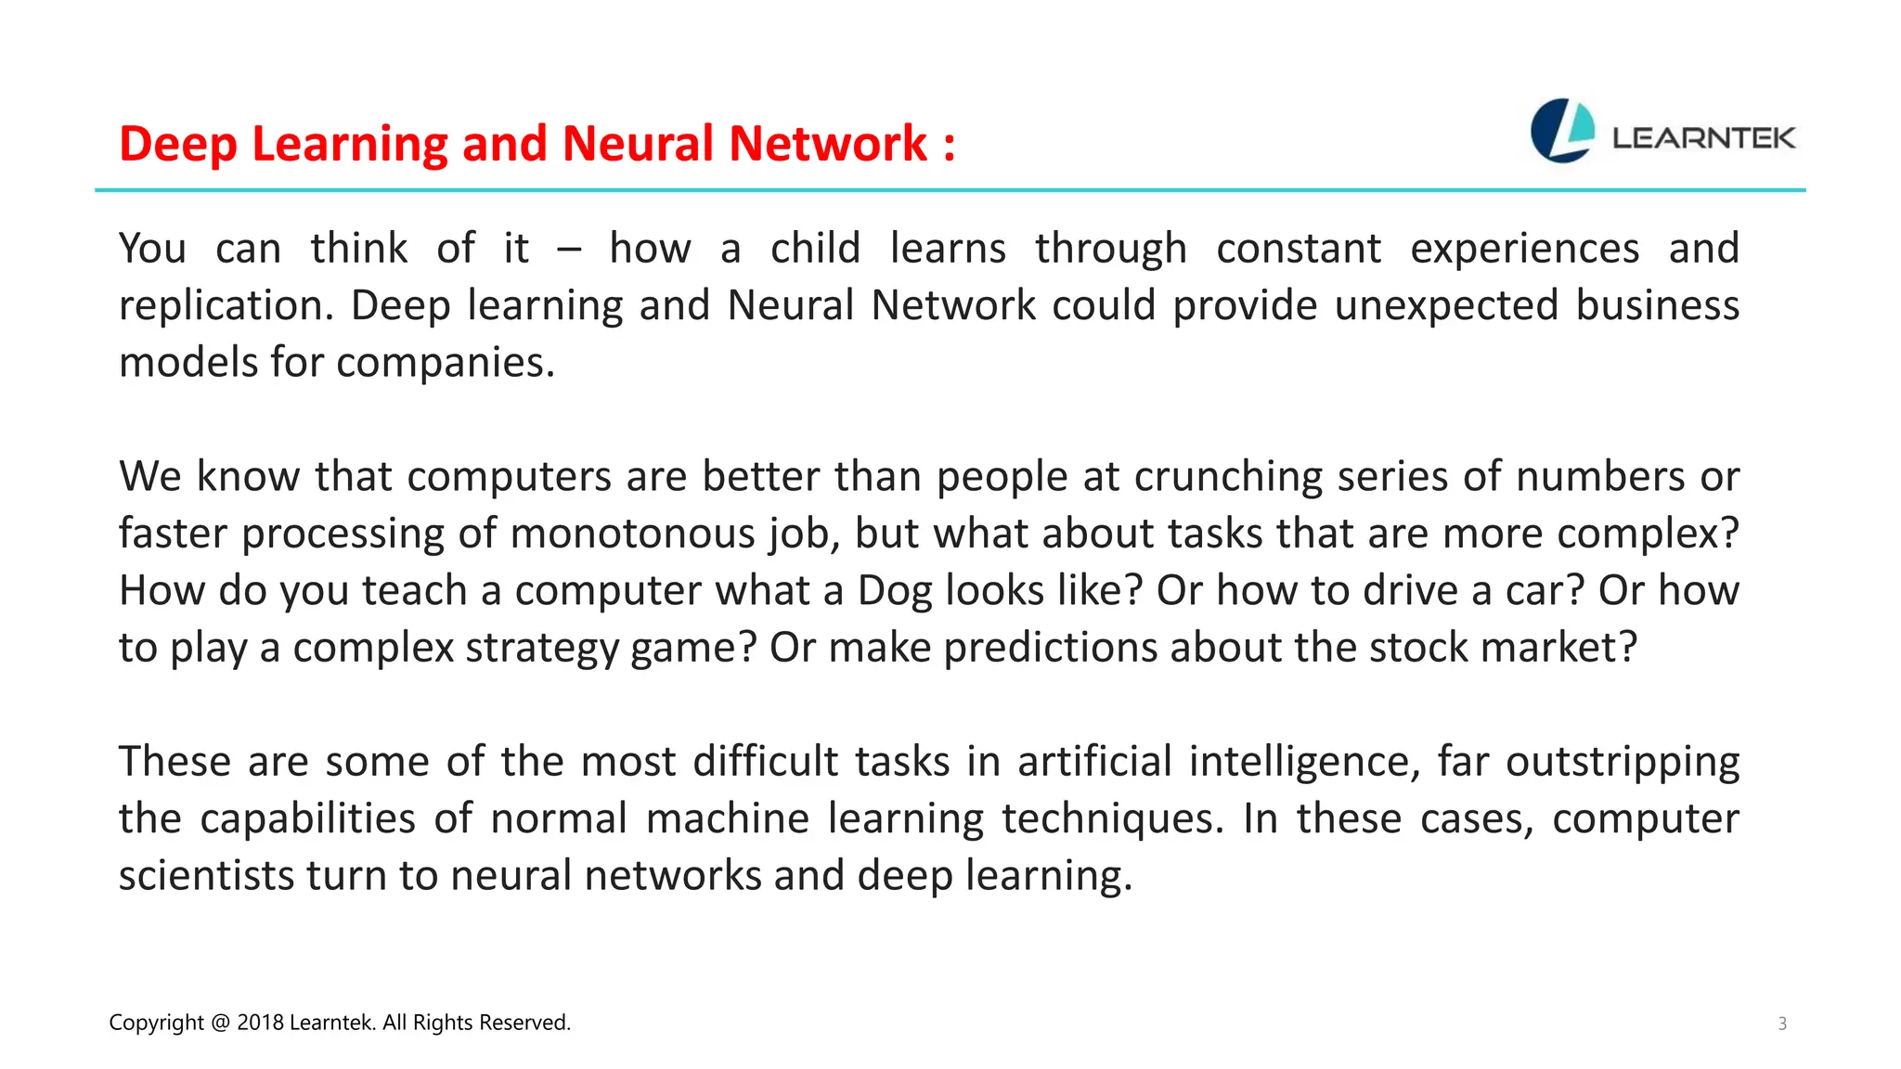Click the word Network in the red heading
coord(828,144)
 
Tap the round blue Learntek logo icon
coord(1562,131)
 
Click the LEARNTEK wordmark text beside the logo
coord(1703,138)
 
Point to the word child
coord(815,249)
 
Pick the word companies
coord(445,363)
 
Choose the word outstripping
coord(1622,763)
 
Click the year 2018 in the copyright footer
coord(260,1023)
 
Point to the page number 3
coord(1781,1024)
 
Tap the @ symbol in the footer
coord(220,1023)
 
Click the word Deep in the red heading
coord(178,145)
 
